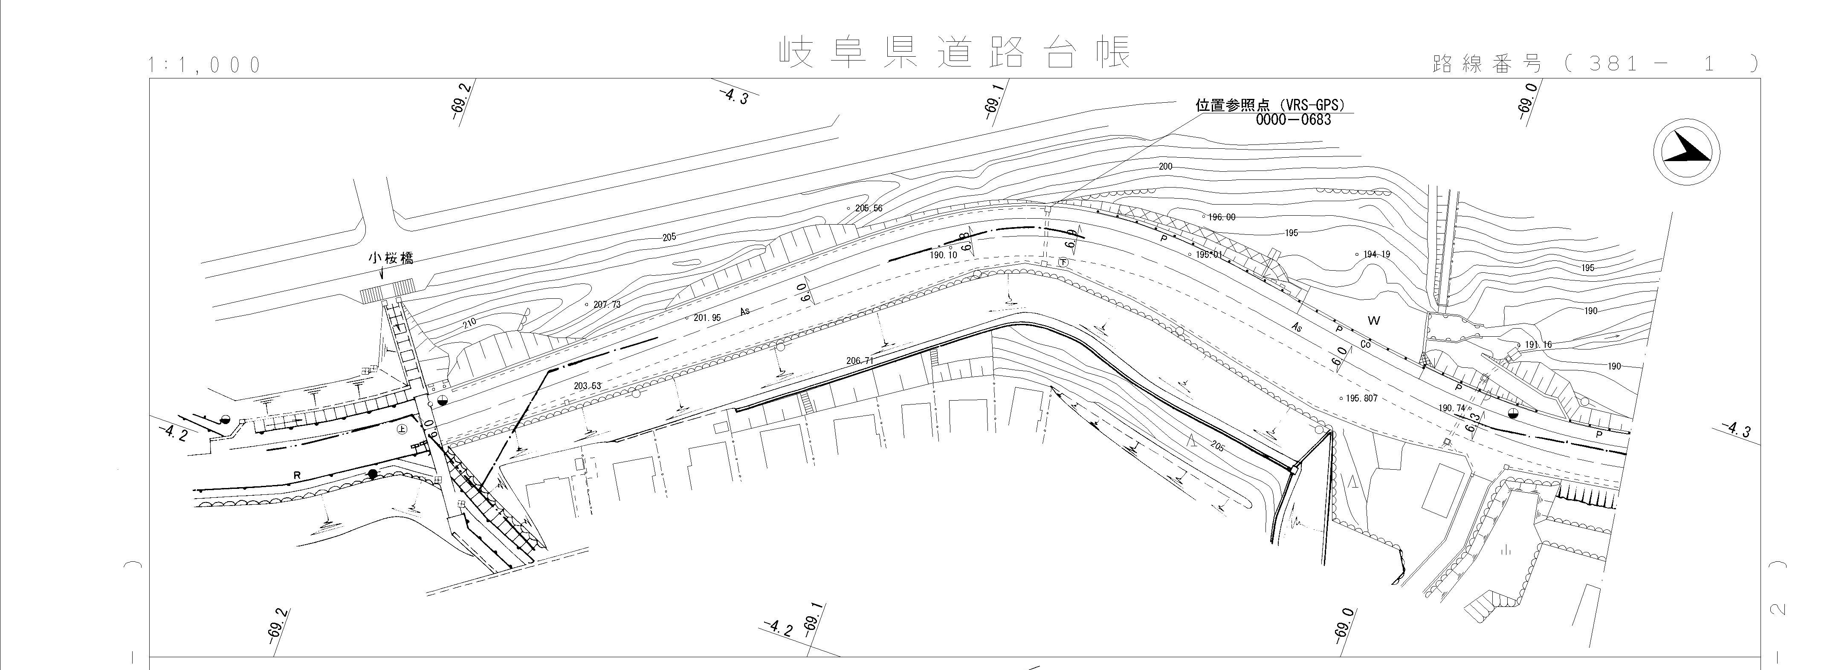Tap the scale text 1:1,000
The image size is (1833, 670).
[x=205, y=66]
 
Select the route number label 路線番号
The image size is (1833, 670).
[x=1487, y=64]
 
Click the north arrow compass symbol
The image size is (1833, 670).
[x=1686, y=151]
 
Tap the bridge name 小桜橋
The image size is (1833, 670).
[x=391, y=258]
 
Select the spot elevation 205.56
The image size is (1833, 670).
[x=868, y=208]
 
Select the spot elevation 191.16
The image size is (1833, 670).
[x=1538, y=345]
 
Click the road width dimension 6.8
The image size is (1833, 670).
[x=966, y=241]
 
